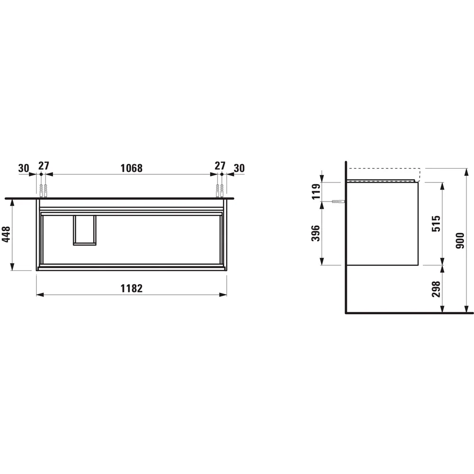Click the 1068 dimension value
pyautogui.click(x=131, y=168)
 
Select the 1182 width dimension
pyautogui.click(x=131, y=288)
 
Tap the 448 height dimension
pyautogui.click(x=7, y=234)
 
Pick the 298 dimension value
pyautogui.click(x=436, y=289)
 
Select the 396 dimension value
pyautogui.click(x=316, y=233)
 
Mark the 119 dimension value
pyautogui.click(x=316, y=191)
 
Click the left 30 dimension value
pyautogui.click(x=24, y=168)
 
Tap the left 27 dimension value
pyautogui.click(x=44, y=166)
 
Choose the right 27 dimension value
pyautogui.click(x=220, y=166)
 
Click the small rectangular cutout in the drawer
pyautogui.click(x=85, y=230)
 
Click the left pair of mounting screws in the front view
pyautogui.click(x=44, y=191)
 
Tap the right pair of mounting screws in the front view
pyautogui.click(x=220, y=191)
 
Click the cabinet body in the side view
pyautogui.click(x=383, y=223)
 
